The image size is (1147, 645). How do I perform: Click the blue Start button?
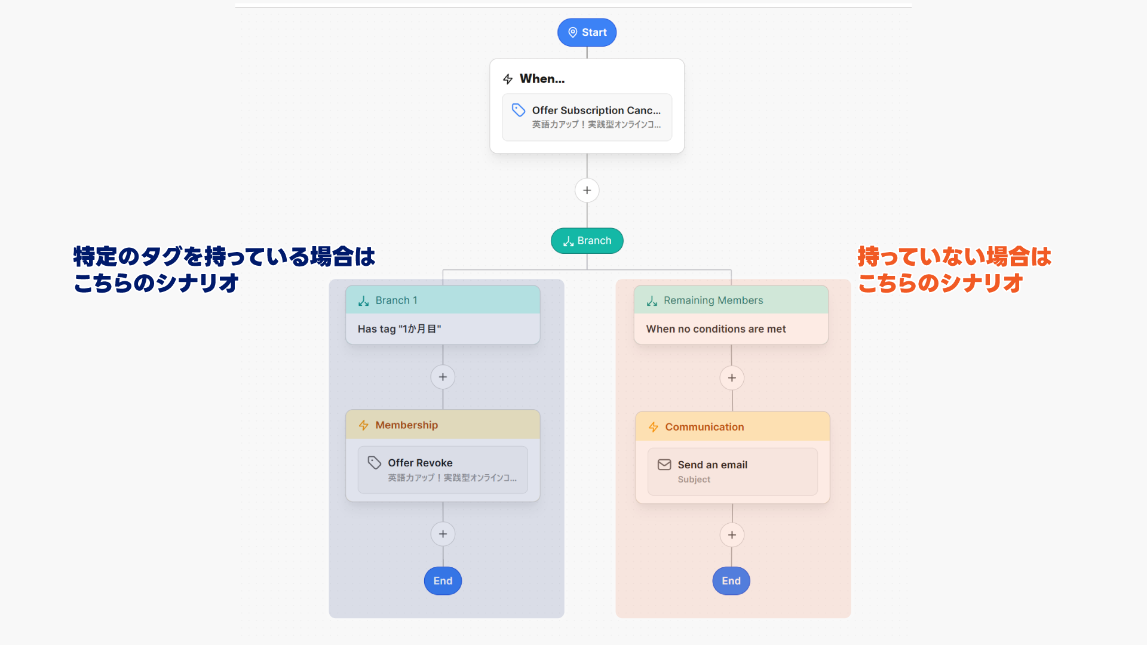(587, 32)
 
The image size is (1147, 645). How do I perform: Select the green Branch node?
(587, 241)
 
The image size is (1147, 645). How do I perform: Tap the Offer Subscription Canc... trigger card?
(587, 117)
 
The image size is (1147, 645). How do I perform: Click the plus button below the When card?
(587, 191)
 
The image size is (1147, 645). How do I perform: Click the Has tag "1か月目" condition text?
(399, 329)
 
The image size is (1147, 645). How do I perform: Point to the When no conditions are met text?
(716, 329)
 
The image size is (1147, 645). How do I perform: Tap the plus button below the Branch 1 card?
(443, 377)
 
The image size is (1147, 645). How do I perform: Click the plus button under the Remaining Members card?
(732, 378)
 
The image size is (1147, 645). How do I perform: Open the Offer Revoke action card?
(443, 469)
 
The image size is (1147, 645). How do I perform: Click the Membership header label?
(406, 425)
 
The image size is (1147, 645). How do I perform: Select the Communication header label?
(704, 427)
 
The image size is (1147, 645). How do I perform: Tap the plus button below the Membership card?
(443, 534)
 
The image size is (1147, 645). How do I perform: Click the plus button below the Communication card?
(732, 535)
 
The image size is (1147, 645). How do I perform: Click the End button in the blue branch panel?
(443, 580)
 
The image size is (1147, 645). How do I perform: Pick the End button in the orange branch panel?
(731, 580)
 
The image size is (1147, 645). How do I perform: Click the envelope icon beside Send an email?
(664, 465)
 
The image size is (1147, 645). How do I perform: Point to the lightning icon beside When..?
(508, 79)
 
